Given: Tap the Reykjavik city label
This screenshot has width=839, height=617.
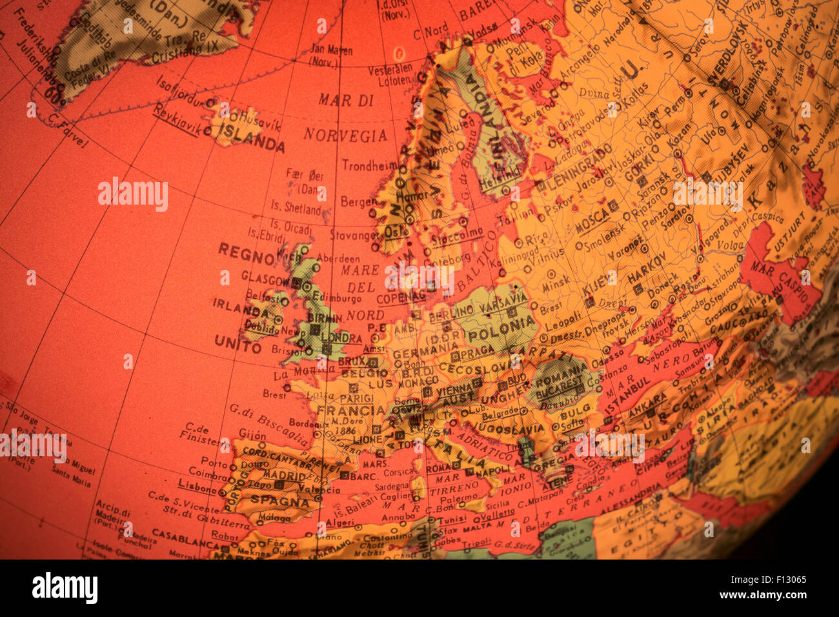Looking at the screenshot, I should pyautogui.click(x=176, y=120).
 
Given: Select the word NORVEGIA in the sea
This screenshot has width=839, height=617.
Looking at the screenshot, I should pyautogui.click(x=345, y=136).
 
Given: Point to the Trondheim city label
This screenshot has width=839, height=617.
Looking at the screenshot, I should pyautogui.click(x=369, y=166).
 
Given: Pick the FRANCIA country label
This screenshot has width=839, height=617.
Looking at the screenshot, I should pyautogui.click(x=351, y=410).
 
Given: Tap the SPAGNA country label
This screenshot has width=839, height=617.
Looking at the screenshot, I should pyautogui.click(x=280, y=501).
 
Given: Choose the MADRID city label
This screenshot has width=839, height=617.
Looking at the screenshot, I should pyautogui.click(x=284, y=476).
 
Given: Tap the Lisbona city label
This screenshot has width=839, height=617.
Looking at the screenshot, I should pyautogui.click(x=197, y=487).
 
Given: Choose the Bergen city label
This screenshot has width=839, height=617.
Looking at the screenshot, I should pyautogui.click(x=358, y=202).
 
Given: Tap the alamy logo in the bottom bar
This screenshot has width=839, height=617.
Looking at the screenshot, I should pyautogui.click(x=65, y=587).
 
